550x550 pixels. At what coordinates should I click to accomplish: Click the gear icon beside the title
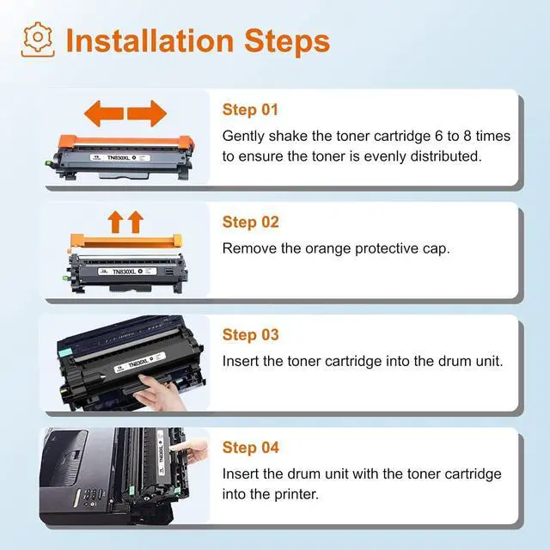(38, 40)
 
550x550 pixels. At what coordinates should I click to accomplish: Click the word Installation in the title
(150, 41)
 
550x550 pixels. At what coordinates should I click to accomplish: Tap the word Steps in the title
(287, 41)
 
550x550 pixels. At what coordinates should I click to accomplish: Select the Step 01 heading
(250, 110)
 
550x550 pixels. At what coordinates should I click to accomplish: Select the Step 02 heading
(250, 222)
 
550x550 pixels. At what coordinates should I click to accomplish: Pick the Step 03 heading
(250, 334)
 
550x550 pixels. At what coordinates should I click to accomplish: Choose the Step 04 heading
(250, 448)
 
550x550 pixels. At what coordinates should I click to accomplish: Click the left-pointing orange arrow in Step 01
(104, 113)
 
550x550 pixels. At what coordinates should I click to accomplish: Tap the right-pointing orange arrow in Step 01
(147, 113)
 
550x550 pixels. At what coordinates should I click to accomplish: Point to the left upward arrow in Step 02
(115, 222)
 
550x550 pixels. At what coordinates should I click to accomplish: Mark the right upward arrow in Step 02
(136, 222)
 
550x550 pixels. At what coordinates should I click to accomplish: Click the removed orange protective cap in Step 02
(126, 241)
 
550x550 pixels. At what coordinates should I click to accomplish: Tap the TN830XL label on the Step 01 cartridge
(120, 158)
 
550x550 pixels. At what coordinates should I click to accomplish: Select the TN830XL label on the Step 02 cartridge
(127, 272)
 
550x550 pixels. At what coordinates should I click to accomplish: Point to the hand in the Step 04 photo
(191, 449)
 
